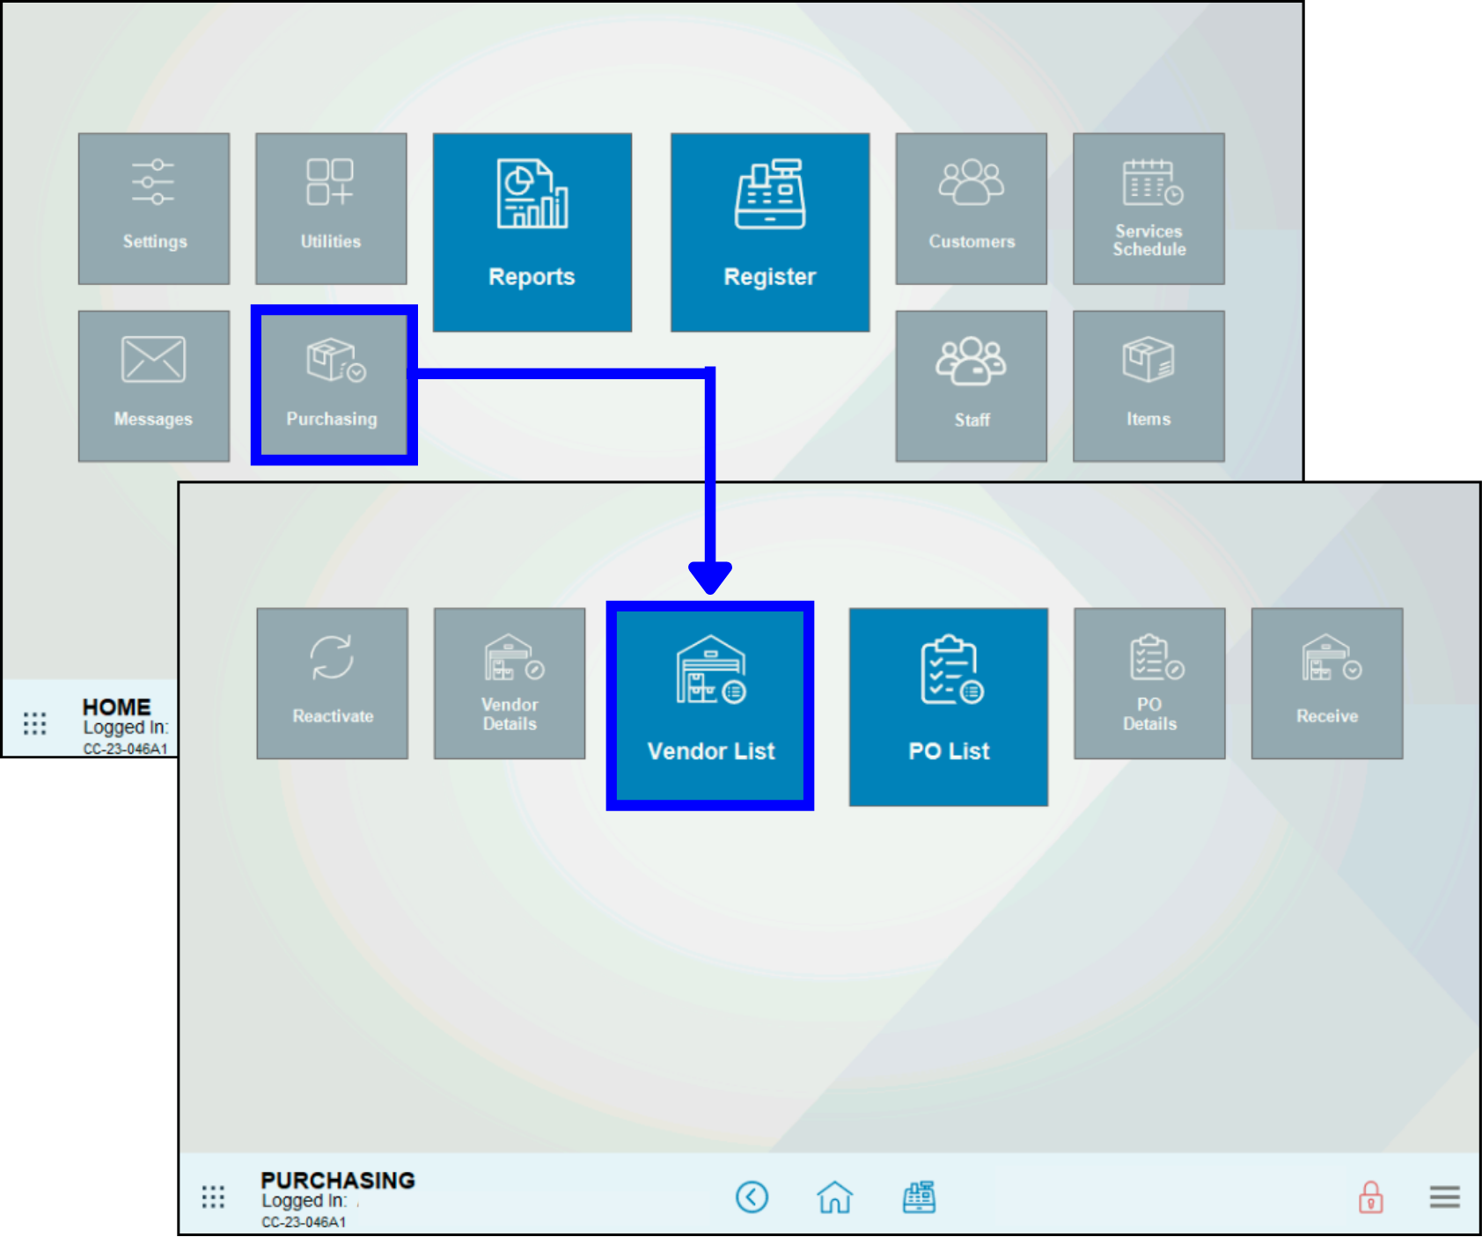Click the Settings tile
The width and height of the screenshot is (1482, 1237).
pos(154,209)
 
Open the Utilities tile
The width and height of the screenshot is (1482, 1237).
pos(331,209)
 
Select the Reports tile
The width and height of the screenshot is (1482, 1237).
pos(532,232)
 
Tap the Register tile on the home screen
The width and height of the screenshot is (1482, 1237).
pos(770,232)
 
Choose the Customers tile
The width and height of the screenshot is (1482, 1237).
pos(972,209)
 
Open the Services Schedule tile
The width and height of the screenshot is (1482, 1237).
pos(1148,209)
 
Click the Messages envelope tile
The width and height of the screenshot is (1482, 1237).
pos(154,385)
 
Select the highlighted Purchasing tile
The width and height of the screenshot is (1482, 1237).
pos(333,385)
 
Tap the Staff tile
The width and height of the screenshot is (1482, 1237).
pos(972,385)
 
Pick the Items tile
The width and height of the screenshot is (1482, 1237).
pos(1148,385)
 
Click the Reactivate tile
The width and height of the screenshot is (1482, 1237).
pos(333,683)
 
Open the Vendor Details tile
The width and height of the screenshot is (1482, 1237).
pos(510,683)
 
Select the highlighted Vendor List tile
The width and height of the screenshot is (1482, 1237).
pos(710,706)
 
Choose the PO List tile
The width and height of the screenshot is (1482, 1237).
pos(949,706)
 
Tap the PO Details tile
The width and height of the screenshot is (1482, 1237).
pos(1149,683)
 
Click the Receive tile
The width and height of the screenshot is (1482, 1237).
pos(1327,683)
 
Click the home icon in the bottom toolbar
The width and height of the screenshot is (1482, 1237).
pos(834,1197)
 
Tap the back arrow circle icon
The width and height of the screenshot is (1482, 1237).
pos(752,1197)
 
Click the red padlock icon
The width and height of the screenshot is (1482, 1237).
pos(1370,1197)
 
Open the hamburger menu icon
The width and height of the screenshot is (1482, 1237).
pos(1444,1197)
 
